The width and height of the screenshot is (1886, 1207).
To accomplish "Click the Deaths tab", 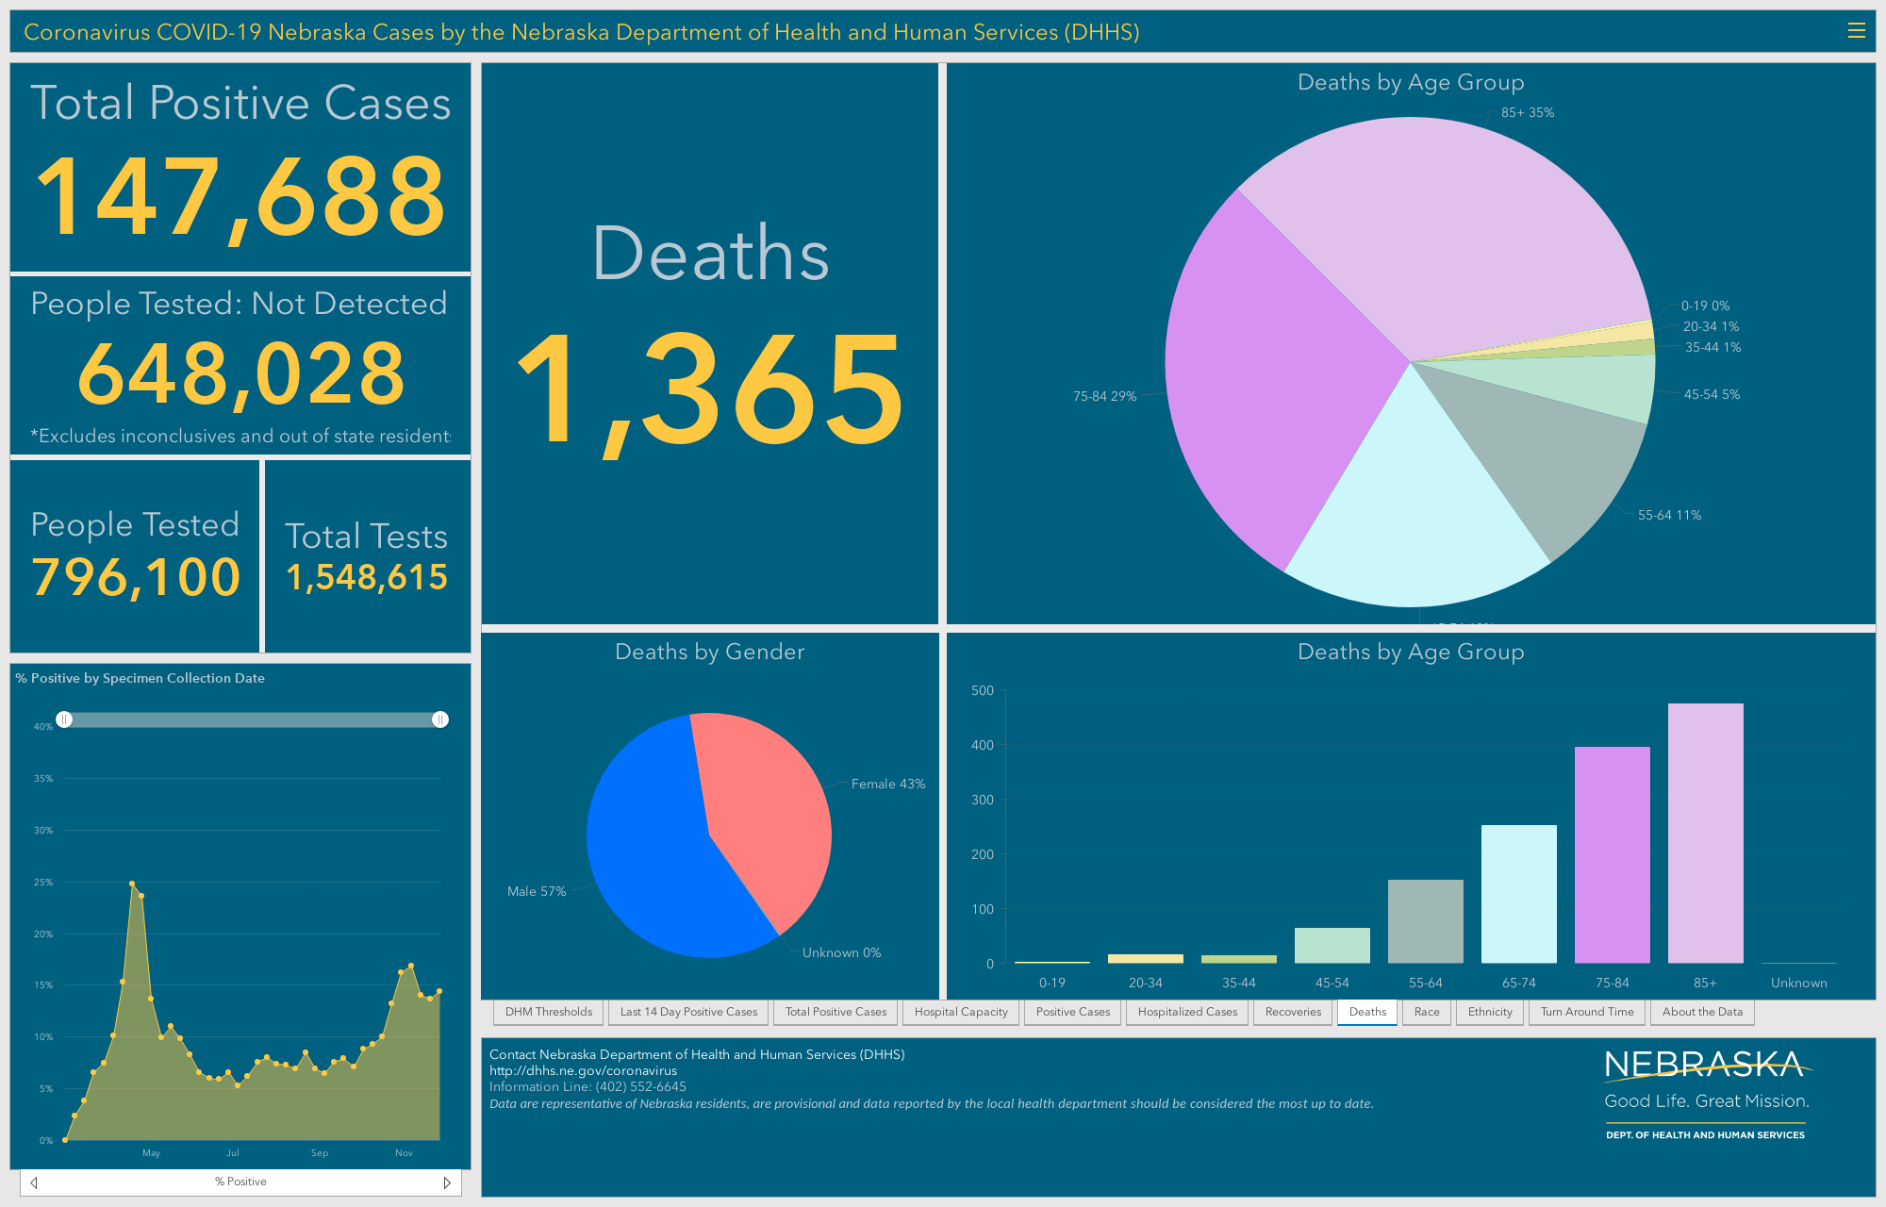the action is pos(1367,1012).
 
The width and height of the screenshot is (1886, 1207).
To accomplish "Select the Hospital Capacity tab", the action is pos(961,1012).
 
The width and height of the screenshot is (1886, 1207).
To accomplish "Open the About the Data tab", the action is pos(1702,1012).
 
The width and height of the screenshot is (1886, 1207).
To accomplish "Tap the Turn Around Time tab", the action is pos(1587,1012).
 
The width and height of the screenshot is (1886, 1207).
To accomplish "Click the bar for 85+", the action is pos(1705,834).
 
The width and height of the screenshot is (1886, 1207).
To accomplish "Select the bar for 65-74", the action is pos(1518,894).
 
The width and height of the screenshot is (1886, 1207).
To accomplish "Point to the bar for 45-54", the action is pos(1332,946).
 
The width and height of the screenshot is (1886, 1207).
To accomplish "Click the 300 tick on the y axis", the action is pos(983,800).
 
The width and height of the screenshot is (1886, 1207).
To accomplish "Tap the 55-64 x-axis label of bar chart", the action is pos(1425,983).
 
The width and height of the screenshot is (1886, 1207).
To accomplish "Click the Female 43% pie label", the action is pos(888,784).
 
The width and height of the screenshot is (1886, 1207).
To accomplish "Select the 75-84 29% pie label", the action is pos(1104,396).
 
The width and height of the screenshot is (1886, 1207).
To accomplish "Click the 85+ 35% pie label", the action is pos(1528,112).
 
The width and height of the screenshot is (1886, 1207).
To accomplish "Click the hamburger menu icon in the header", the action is pos(1856,31).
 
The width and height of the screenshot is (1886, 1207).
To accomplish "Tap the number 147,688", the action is pos(240,196).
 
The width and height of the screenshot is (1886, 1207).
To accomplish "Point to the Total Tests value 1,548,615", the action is pos(367,577).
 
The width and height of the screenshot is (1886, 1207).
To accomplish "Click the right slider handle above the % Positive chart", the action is pos(439,719).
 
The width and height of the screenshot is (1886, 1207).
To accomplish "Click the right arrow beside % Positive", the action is pos(447,1182).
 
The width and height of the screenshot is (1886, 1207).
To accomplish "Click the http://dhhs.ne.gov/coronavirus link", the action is pos(583,1070).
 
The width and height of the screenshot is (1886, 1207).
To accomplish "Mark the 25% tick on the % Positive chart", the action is pos(43,882).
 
